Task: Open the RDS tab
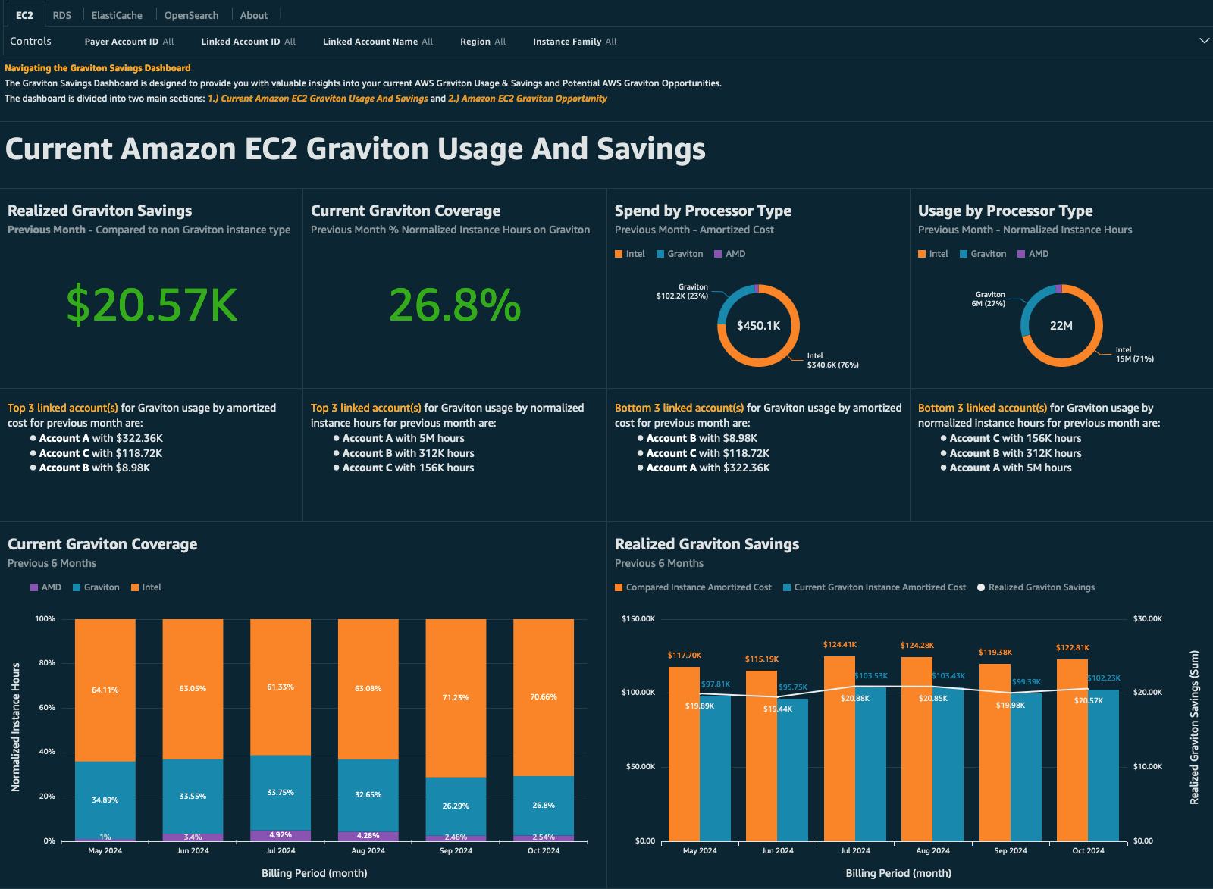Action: pos(62,15)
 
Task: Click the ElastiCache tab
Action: pos(117,15)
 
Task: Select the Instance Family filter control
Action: pos(574,42)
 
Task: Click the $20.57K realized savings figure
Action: pos(152,305)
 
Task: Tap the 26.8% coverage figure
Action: pos(454,305)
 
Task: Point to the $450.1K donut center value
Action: pos(758,326)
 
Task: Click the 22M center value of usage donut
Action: pos(1061,326)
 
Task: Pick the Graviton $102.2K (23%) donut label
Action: pos(682,292)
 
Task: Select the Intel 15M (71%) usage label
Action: pos(1134,355)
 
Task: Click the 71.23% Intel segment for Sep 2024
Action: pos(456,697)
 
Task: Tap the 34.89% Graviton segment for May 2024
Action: pos(105,800)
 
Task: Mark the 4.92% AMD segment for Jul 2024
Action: pos(280,835)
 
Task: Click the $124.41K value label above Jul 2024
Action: pos(840,645)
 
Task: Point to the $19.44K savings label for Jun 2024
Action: pos(777,709)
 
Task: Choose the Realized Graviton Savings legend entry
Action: pos(1041,587)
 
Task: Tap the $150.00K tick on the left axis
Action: pos(638,619)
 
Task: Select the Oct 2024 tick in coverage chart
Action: pos(544,850)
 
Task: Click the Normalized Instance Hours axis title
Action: pos(16,727)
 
